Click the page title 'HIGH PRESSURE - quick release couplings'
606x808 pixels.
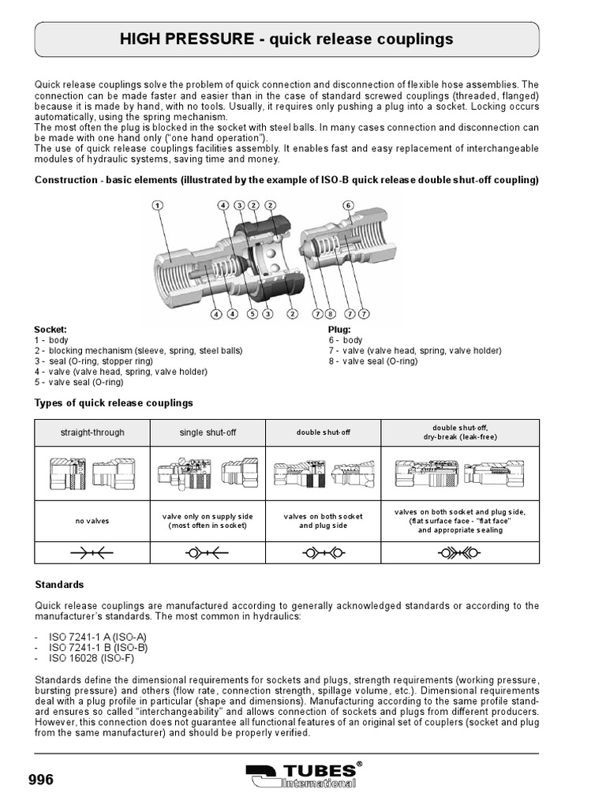click(x=286, y=39)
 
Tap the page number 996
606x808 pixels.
click(x=41, y=780)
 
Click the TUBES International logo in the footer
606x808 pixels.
click(x=304, y=776)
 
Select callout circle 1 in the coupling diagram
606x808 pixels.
click(x=158, y=205)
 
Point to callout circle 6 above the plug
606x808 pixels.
click(x=349, y=205)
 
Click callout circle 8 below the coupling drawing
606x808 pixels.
click(x=331, y=314)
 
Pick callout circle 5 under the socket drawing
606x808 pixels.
click(x=252, y=314)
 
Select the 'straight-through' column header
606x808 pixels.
click(x=92, y=432)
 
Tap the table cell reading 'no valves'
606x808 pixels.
click(x=92, y=521)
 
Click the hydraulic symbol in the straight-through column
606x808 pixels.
click(x=92, y=553)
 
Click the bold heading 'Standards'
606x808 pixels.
click(x=59, y=585)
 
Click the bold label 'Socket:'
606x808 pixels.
click(x=50, y=329)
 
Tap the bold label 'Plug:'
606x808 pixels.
click(x=339, y=329)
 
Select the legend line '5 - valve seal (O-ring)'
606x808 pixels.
click(x=79, y=382)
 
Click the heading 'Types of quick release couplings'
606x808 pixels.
click(x=114, y=402)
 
